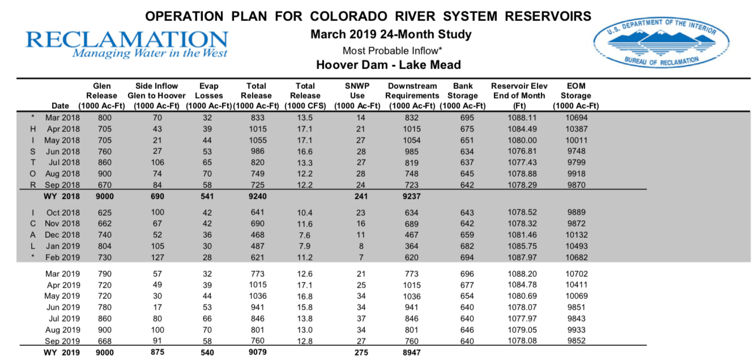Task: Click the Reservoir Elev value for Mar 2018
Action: tap(519, 118)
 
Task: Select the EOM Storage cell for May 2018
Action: tap(576, 140)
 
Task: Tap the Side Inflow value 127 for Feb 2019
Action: tap(157, 257)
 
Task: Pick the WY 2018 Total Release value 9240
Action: tap(257, 196)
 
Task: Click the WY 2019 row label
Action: tap(62, 353)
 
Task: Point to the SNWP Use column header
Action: tap(357, 96)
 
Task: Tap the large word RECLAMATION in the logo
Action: tap(127, 39)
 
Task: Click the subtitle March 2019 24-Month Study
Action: tap(391, 35)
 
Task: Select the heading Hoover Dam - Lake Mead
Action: tap(388, 65)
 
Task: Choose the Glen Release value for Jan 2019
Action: tap(105, 246)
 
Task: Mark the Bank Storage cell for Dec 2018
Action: tap(463, 235)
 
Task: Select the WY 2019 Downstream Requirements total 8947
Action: tap(412, 353)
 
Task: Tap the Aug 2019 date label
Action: tap(62, 330)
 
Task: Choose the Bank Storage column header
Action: tap(463, 96)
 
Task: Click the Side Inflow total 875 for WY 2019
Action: tap(157, 353)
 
